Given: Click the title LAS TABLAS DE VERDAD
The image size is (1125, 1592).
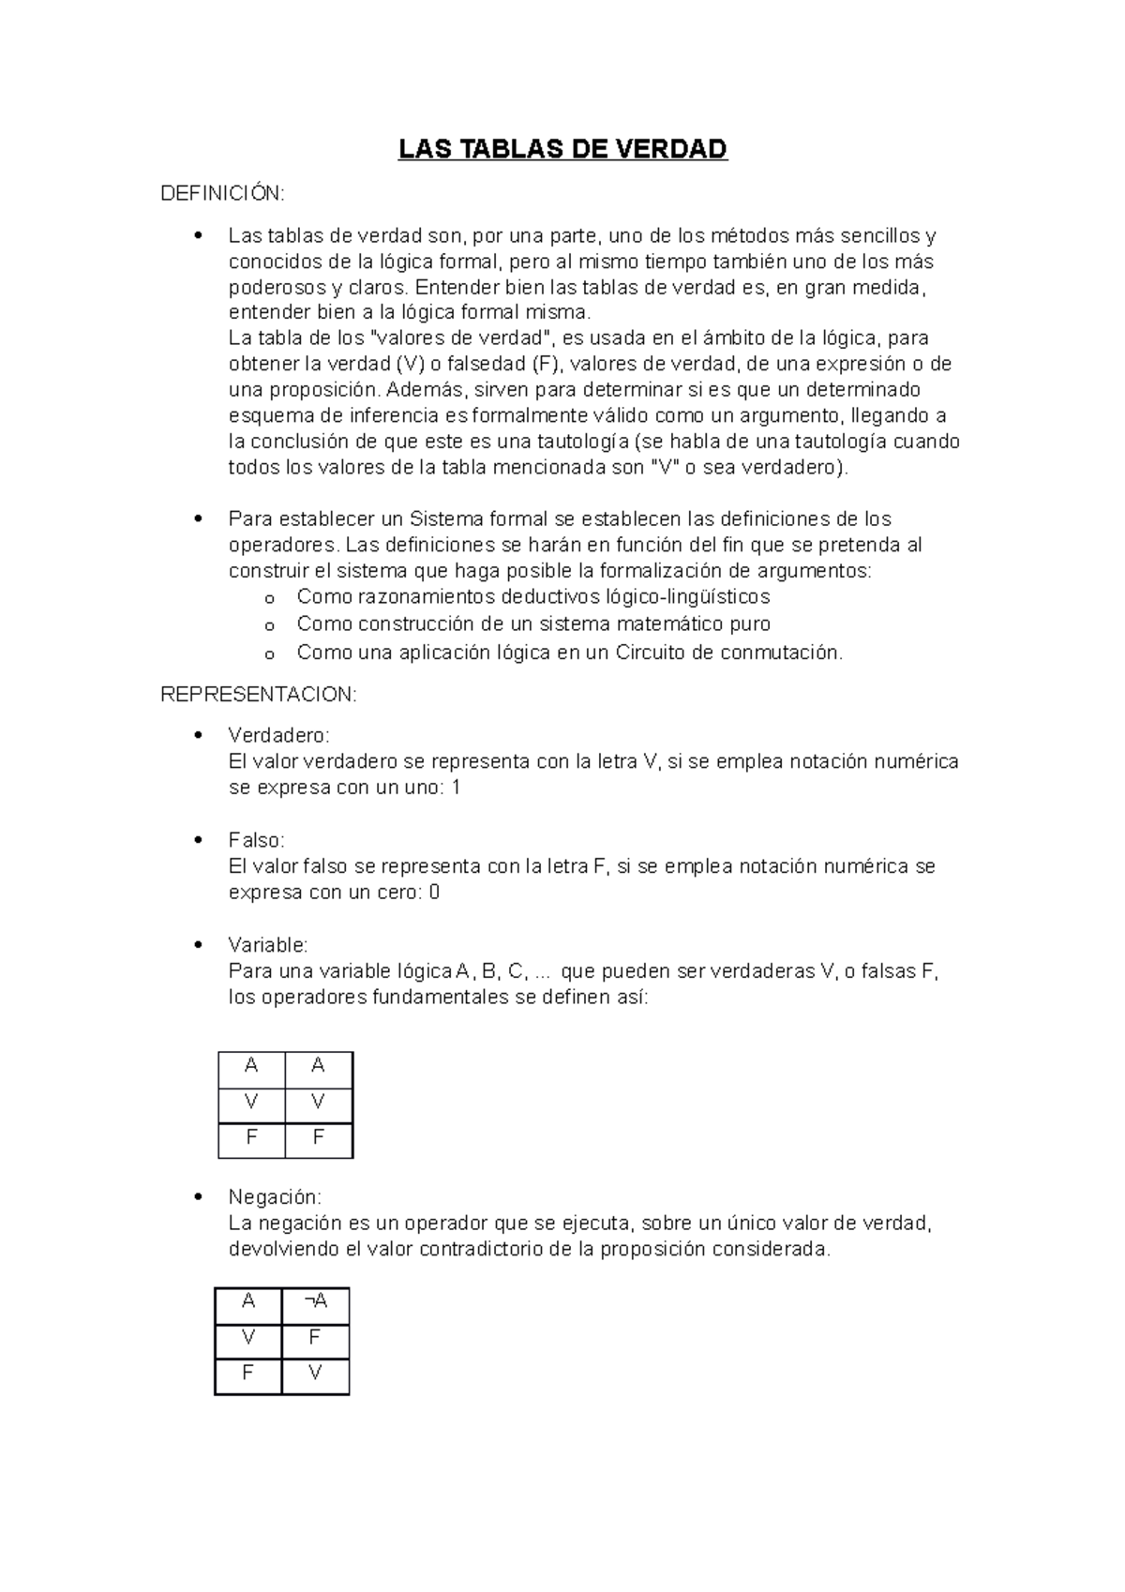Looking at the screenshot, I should [562, 150].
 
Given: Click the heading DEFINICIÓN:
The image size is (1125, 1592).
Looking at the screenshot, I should [222, 193].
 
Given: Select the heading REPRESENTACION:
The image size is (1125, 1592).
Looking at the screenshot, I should [259, 695].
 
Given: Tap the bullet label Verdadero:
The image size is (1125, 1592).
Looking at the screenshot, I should [278, 735].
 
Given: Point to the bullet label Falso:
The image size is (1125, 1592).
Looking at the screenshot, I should [256, 840].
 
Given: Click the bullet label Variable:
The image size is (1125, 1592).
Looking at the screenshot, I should [267, 945].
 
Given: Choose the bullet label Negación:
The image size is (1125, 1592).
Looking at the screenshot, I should [274, 1197].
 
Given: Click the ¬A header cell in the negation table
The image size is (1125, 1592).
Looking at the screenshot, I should [315, 1301].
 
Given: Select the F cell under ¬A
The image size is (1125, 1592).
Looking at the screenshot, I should [315, 1338].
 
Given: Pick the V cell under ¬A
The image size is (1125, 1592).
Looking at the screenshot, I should [315, 1374].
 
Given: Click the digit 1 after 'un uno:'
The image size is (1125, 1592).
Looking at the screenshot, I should [456, 788].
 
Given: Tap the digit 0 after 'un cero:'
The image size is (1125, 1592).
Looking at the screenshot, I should [434, 893].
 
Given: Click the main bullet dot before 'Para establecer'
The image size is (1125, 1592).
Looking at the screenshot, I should [197, 518].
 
